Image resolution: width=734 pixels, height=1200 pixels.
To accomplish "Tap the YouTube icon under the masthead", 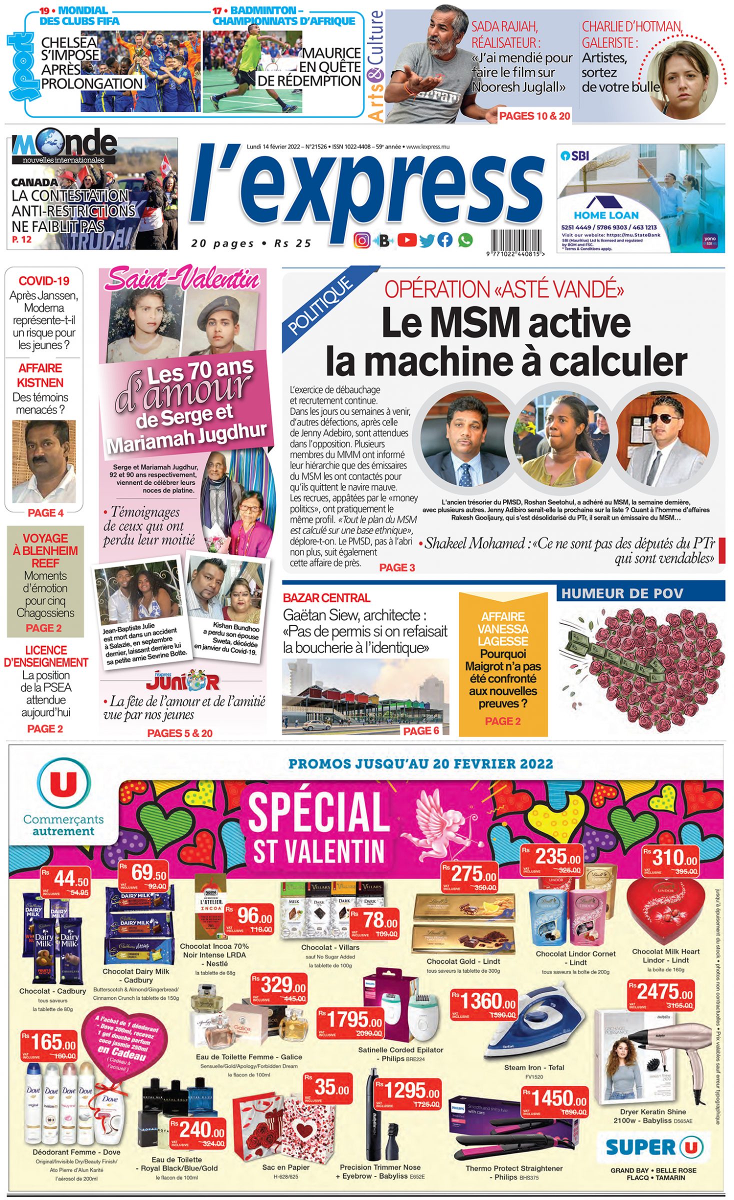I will pos(407,240).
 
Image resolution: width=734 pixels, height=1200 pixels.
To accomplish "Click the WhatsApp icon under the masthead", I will pos(465,240).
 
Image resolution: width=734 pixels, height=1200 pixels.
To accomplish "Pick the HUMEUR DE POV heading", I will pos(621,593).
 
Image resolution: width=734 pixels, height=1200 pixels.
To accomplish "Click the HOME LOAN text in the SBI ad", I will pos(606,215).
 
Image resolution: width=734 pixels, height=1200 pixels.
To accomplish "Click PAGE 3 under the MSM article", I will pos(397,567).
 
